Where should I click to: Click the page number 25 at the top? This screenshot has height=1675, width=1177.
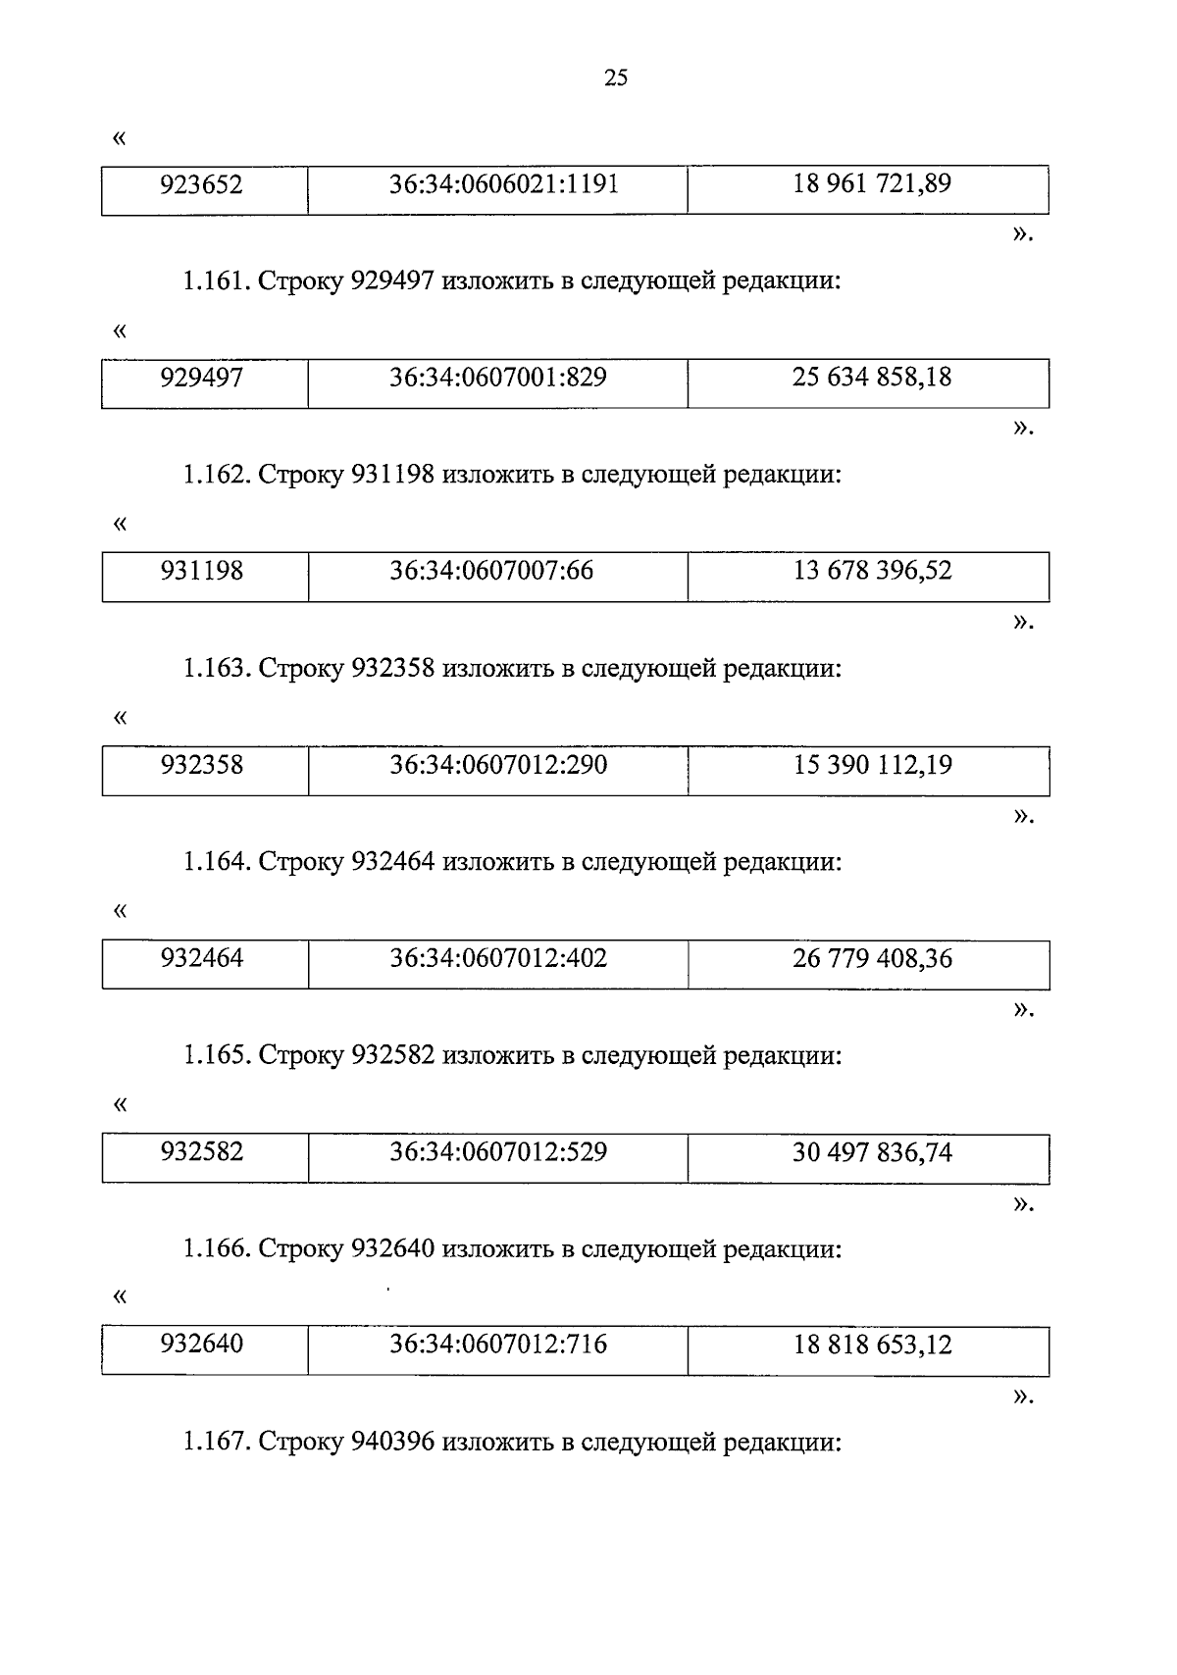616,79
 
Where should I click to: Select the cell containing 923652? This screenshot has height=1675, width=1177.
202,184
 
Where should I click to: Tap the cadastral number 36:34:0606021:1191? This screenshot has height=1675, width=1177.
503,184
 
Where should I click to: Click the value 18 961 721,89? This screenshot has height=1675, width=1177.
871,184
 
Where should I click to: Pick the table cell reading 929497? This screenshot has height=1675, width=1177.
202,378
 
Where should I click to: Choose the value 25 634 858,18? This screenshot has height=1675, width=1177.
871,378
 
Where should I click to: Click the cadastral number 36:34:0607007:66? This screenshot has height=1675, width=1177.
491,571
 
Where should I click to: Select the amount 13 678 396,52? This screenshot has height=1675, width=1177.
872,571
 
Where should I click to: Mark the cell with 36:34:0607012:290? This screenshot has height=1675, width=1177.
498,765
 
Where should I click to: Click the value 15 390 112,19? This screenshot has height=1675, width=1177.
872,765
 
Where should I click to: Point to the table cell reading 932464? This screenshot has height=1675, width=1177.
202,958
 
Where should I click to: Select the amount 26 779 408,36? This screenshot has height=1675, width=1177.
872,958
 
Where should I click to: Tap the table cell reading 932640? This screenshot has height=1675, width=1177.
202,1345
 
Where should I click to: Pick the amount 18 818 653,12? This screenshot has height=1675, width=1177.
872,1345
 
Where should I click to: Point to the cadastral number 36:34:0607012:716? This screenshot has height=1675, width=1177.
498,1345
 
